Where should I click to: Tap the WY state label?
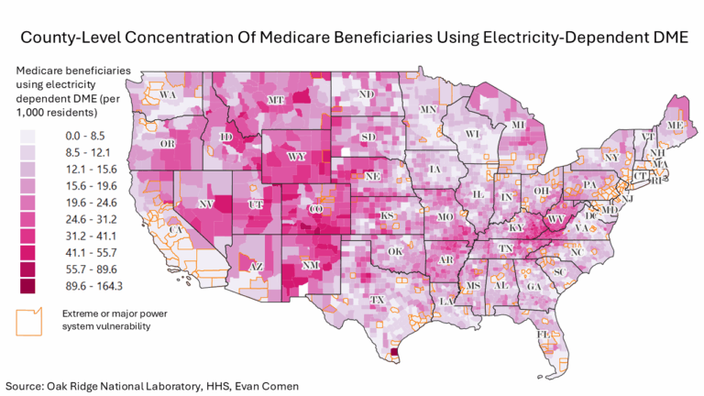point(296,157)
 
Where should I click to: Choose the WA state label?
point(168,94)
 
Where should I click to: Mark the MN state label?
point(428,109)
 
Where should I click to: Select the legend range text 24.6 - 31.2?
point(88,220)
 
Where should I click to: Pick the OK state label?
point(395,250)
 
